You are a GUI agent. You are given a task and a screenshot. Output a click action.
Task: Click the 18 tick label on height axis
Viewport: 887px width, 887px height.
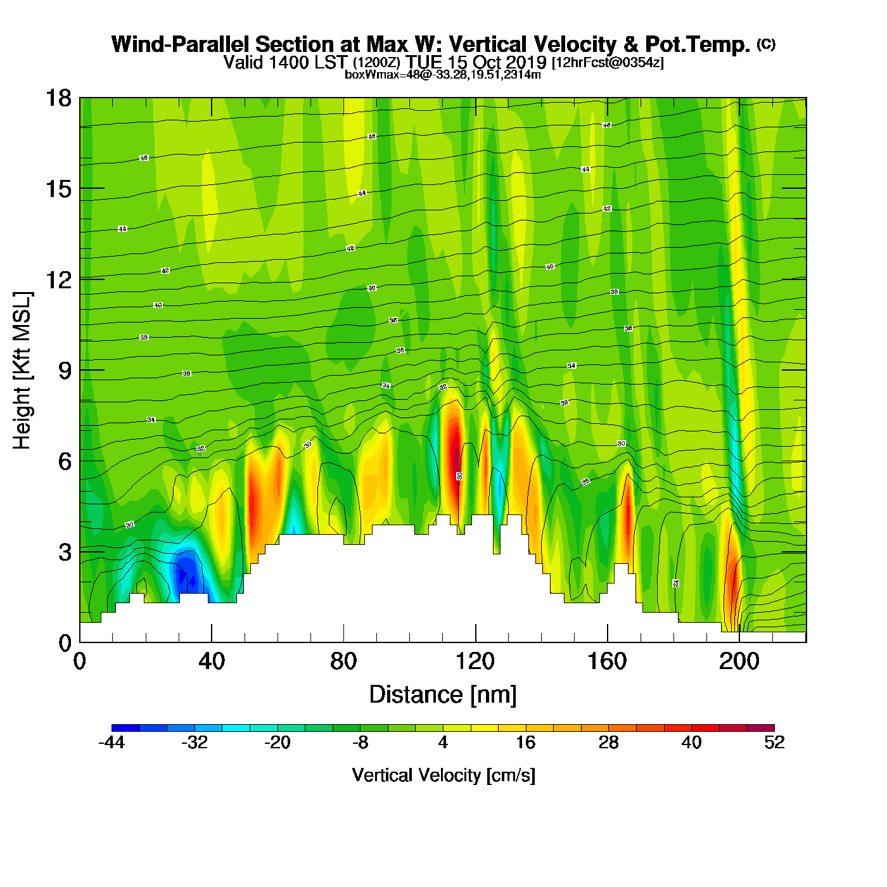pyautogui.click(x=58, y=98)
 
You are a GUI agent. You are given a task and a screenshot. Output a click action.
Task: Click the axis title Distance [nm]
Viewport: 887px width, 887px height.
pyautogui.click(x=443, y=695)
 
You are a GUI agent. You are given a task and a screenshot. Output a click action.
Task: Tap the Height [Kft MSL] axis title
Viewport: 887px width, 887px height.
pyautogui.click(x=22, y=371)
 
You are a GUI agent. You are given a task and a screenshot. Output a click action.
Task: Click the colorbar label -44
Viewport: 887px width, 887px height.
pyautogui.click(x=112, y=743)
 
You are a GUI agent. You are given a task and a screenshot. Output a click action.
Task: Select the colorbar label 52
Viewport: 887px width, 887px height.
pyautogui.click(x=774, y=743)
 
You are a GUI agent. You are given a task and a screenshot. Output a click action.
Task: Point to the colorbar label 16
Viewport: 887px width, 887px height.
pyautogui.click(x=525, y=743)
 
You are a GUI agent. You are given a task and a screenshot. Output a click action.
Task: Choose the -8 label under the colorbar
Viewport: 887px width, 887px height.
pyautogui.click(x=360, y=743)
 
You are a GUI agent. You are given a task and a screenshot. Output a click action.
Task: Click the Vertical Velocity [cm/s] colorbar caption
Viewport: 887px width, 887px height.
pyautogui.click(x=443, y=775)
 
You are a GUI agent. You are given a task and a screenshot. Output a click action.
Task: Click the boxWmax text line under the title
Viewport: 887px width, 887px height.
pyautogui.click(x=442, y=75)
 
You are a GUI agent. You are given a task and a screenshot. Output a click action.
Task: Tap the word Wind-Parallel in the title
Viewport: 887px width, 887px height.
pyautogui.click(x=181, y=44)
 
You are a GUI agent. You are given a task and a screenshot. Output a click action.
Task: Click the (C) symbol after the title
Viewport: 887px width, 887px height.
pyautogui.click(x=765, y=44)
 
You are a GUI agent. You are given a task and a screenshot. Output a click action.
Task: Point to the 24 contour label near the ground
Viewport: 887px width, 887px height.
pyautogui.click(x=676, y=583)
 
